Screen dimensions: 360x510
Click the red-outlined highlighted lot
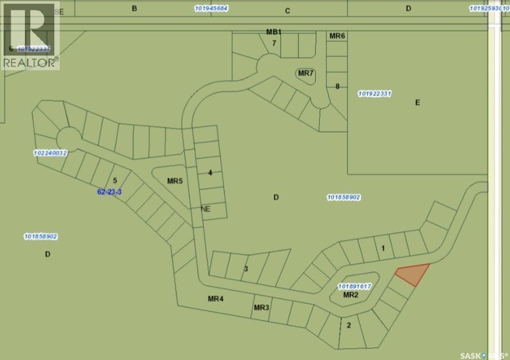click(413, 274)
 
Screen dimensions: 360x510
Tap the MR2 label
click(351, 295)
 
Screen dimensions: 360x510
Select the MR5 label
click(175, 181)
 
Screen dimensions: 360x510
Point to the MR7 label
click(306, 74)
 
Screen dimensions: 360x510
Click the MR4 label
click(215, 299)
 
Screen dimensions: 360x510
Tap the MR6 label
click(337, 36)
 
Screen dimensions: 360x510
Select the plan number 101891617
click(353, 286)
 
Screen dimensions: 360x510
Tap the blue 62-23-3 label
click(109, 192)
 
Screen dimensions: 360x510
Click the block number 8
click(337, 86)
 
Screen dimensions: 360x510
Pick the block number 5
click(115, 180)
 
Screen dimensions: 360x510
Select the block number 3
click(246, 269)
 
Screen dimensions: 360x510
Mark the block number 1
click(383, 248)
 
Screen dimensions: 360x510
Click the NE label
click(206, 209)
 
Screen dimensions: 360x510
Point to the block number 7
click(273, 43)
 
